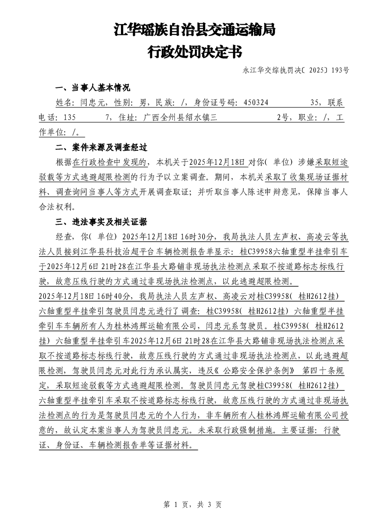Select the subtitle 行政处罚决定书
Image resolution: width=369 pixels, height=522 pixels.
[195, 51]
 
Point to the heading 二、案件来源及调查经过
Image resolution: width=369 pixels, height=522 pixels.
[101, 148]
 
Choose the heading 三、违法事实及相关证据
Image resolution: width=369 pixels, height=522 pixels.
[101, 221]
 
